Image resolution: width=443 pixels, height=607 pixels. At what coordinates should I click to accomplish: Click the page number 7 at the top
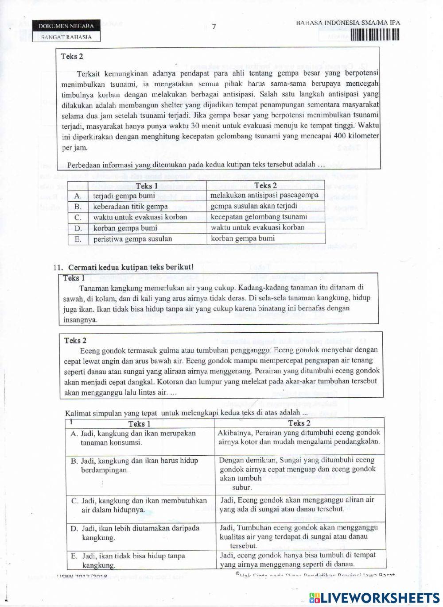214,27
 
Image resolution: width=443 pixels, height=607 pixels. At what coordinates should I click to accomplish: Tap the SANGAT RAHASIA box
66,37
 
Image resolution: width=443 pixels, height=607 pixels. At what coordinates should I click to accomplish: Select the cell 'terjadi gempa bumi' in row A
124,196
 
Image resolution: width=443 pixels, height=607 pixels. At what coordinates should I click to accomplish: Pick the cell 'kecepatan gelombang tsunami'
259,217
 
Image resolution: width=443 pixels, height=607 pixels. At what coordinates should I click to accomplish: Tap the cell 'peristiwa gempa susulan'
133,239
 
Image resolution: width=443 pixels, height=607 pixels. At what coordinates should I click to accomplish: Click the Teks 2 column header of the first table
266,186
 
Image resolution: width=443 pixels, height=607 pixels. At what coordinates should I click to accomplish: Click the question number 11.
56,267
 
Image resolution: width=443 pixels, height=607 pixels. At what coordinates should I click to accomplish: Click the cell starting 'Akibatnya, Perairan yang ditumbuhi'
299,437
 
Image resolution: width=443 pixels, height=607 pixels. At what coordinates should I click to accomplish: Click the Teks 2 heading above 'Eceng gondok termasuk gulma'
72,340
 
